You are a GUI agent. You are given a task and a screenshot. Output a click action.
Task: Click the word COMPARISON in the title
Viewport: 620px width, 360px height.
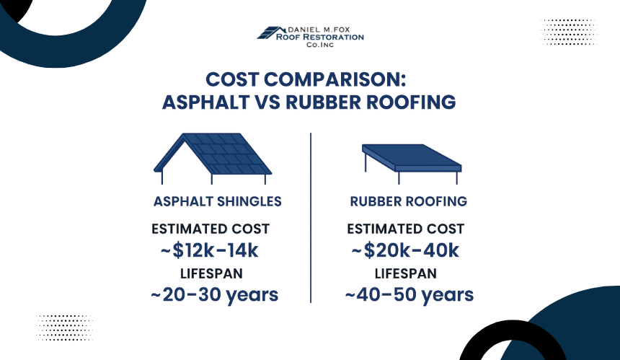pyautogui.click(x=335, y=79)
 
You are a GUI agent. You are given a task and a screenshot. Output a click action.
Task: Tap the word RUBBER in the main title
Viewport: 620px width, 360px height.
pyautogui.click(x=323, y=102)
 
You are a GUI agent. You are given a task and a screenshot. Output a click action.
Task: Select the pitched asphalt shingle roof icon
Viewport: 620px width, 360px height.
pyautogui.click(x=213, y=159)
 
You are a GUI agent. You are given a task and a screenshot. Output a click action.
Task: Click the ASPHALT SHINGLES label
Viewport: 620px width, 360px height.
pyautogui.click(x=218, y=201)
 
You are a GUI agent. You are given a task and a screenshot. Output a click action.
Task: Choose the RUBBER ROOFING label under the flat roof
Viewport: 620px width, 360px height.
pyautogui.click(x=409, y=201)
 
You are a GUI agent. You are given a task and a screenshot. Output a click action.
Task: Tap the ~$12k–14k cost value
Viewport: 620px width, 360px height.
pyautogui.click(x=209, y=250)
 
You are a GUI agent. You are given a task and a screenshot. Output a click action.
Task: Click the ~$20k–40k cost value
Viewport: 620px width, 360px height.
pyautogui.click(x=405, y=250)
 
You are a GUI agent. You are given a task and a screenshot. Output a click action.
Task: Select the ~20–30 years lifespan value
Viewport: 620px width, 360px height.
pyautogui.click(x=214, y=295)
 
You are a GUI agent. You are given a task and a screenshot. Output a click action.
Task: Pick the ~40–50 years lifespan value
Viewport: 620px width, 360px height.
pyautogui.click(x=409, y=295)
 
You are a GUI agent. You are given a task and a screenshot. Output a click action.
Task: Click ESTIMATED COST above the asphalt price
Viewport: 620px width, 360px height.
pyautogui.click(x=211, y=229)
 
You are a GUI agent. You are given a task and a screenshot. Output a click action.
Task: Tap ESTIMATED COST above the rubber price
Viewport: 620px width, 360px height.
pyautogui.click(x=406, y=229)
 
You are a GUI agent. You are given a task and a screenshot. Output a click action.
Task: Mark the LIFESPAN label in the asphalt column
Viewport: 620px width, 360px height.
pyautogui.click(x=211, y=273)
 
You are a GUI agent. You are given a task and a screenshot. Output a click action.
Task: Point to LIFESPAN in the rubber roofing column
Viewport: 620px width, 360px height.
pyautogui.click(x=406, y=273)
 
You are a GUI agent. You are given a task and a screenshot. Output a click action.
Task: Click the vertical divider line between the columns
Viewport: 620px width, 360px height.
pyautogui.click(x=311, y=218)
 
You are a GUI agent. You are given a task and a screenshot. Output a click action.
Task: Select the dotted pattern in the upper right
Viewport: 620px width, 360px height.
pyautogui.click(x=569, y=32)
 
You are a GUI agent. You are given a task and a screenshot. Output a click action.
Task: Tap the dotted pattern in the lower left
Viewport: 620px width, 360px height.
pyautogui.click(x=64, y=328)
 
